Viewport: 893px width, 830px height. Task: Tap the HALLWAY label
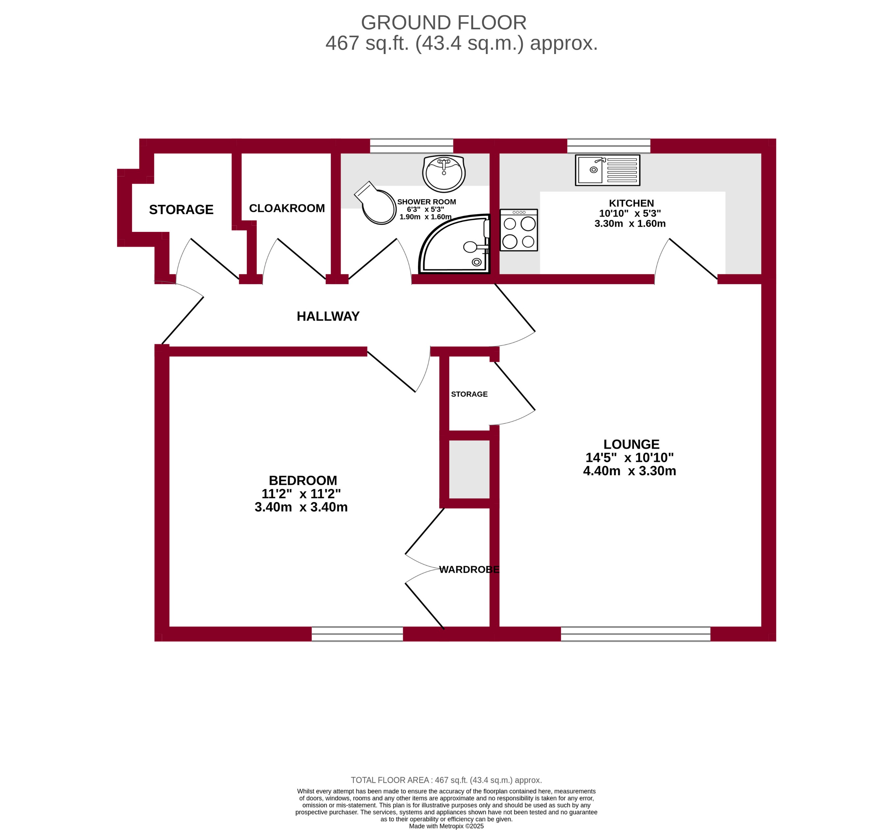tap(328, 316)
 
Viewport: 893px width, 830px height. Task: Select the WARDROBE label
tap(469, 569)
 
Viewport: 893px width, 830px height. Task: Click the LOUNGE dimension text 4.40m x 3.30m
tap(629, 471)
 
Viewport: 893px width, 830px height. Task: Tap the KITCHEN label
tap(631, 203)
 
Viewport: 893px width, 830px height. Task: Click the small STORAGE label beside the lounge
tap(469, 394)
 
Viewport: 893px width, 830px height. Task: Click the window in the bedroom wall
tap(357, 634)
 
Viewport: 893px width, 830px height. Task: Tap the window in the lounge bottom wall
tap(635, 634)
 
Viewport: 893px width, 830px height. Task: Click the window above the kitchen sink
tap(608, 146)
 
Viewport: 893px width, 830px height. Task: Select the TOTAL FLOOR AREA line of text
tap(446, 780)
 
